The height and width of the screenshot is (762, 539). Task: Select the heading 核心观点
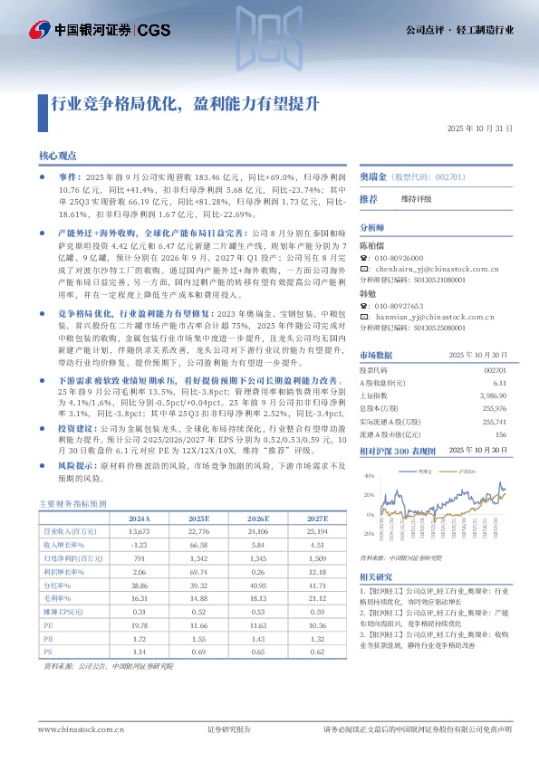[x=57, y=156]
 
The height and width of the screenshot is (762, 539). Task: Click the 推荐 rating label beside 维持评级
[x=369, y=198]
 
